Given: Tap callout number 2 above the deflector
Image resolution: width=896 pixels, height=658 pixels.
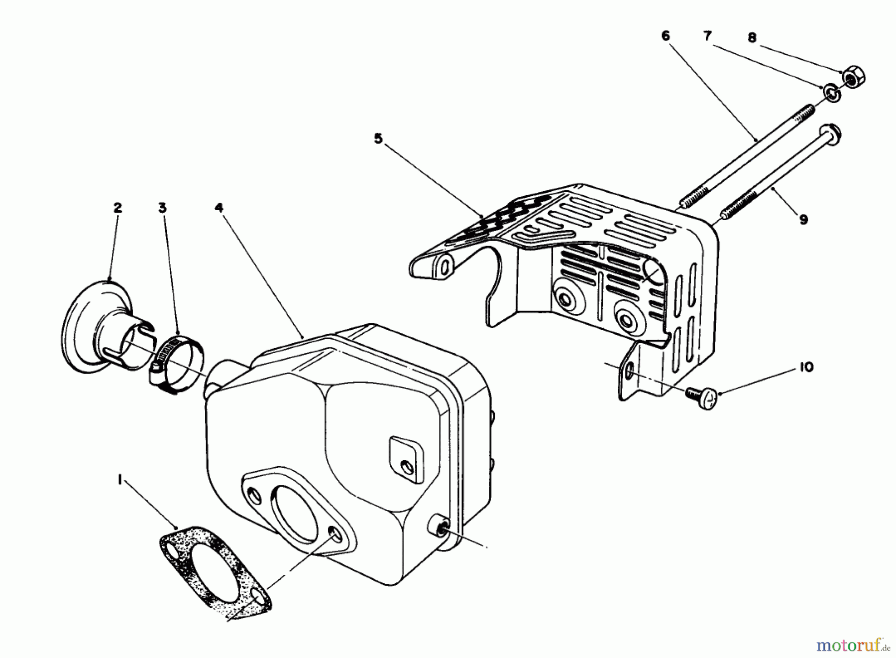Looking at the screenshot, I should (117, 208).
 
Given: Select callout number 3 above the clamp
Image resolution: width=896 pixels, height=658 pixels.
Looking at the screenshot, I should (162, 208).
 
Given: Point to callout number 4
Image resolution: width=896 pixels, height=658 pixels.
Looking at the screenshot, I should (220, 208).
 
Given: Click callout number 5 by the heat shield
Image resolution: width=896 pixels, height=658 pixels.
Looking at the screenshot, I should (378, 138).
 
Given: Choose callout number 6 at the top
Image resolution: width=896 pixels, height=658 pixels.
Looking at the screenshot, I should (666, 36).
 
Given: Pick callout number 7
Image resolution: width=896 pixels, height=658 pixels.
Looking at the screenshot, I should (707, 36).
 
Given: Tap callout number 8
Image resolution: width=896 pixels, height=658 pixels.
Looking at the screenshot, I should (752, 37).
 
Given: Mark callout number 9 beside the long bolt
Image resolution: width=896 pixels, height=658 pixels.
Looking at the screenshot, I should (803, 219).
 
